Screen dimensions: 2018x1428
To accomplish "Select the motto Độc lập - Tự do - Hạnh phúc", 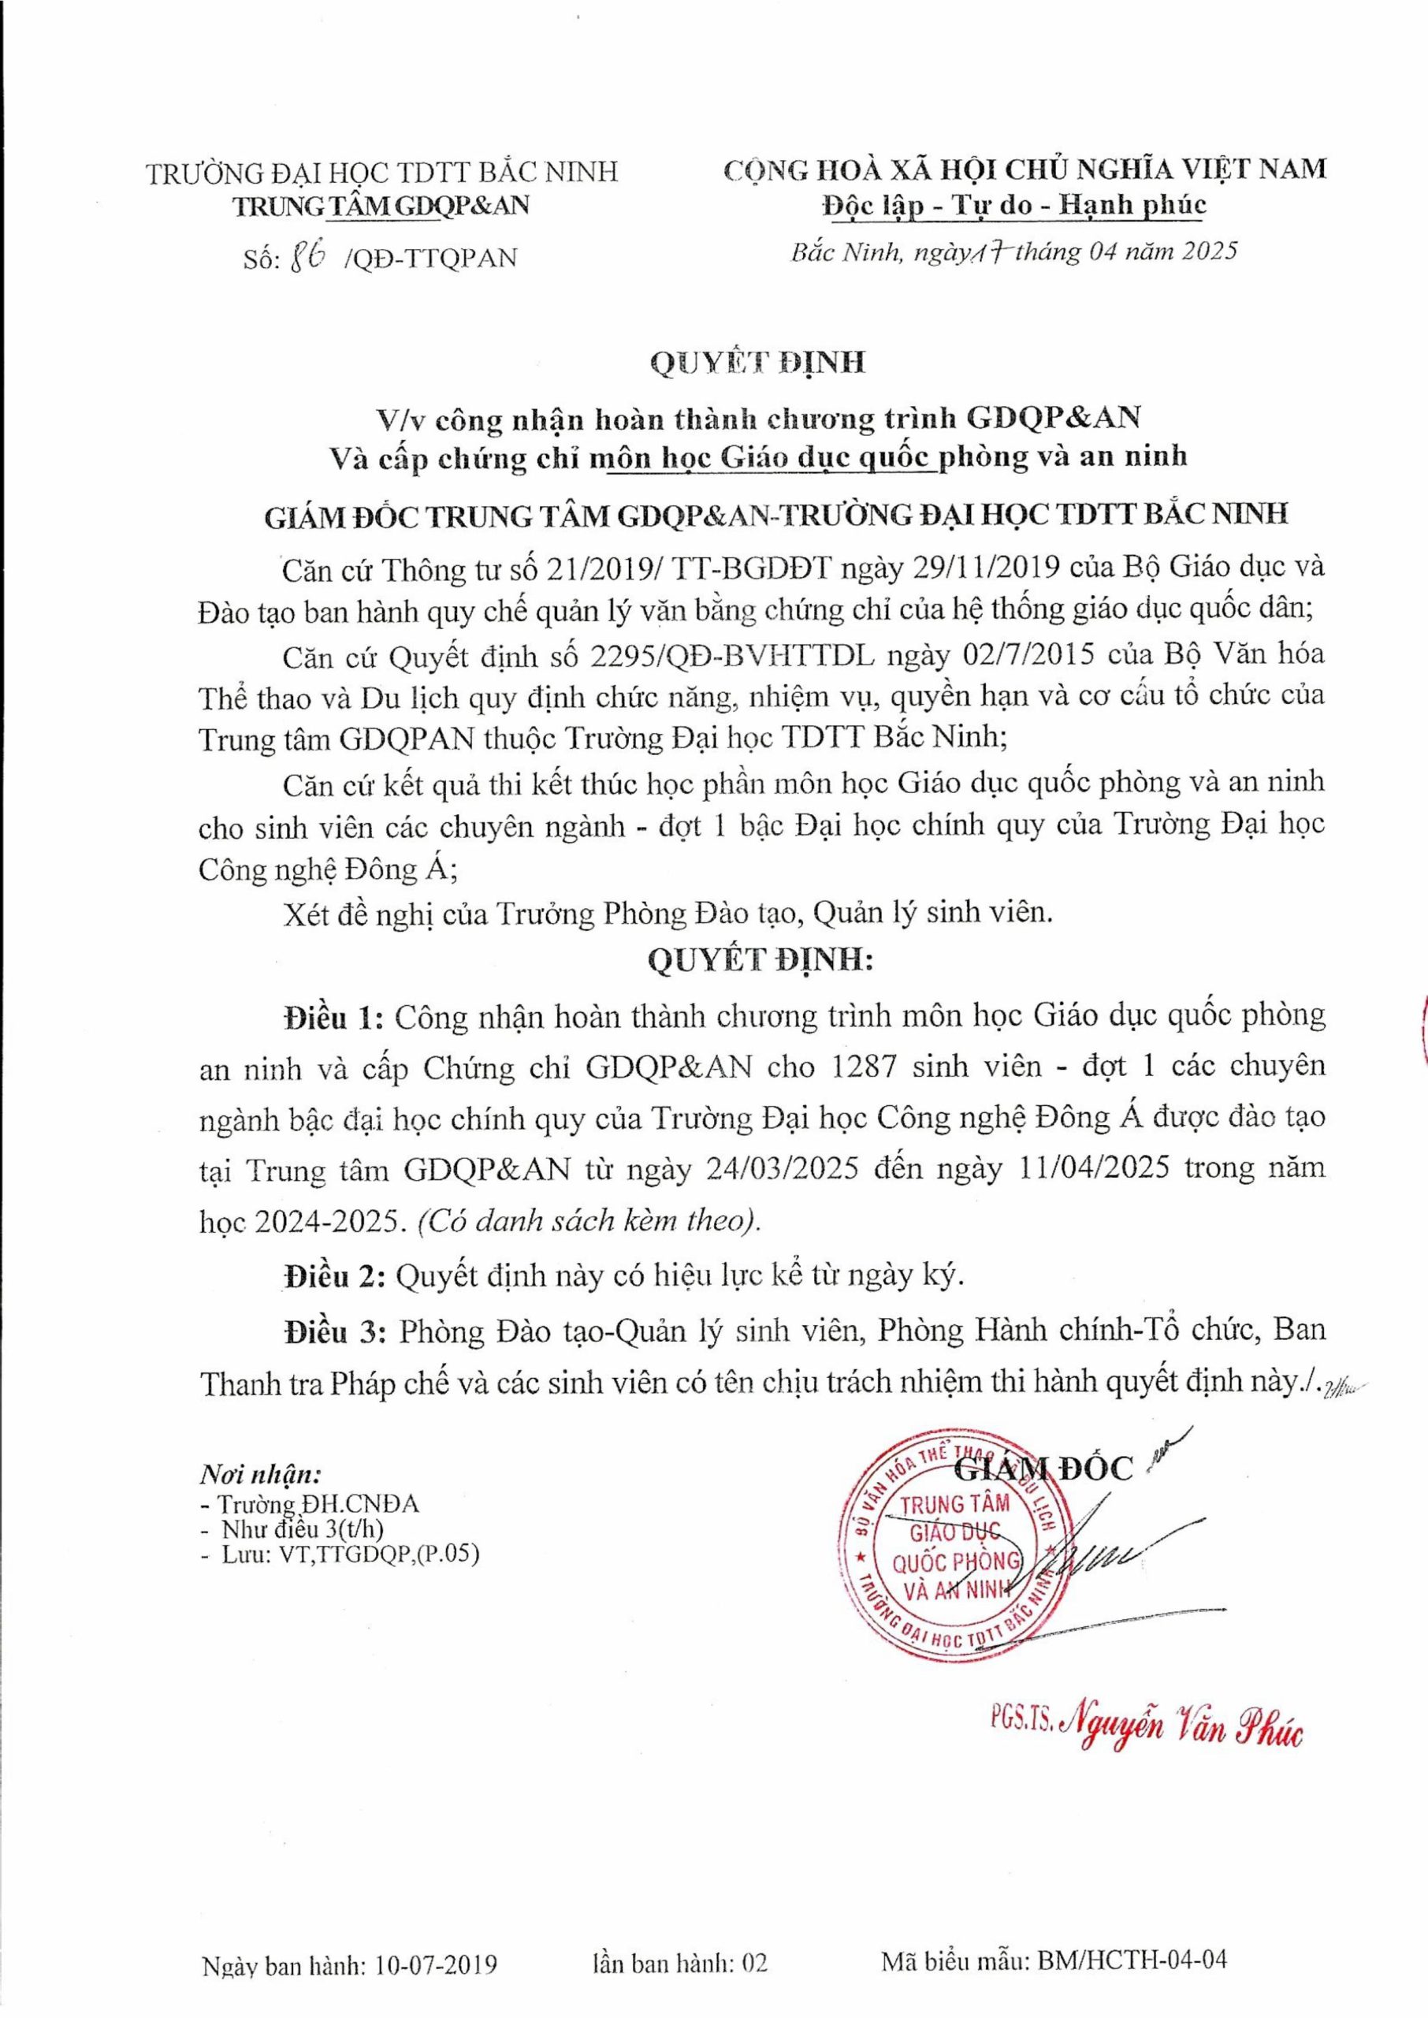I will (x=1013, y=205).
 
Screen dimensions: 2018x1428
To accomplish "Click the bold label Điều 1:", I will (x=334, y=1018).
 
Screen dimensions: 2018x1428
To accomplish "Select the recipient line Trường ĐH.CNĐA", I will (x=318, y=1505).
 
